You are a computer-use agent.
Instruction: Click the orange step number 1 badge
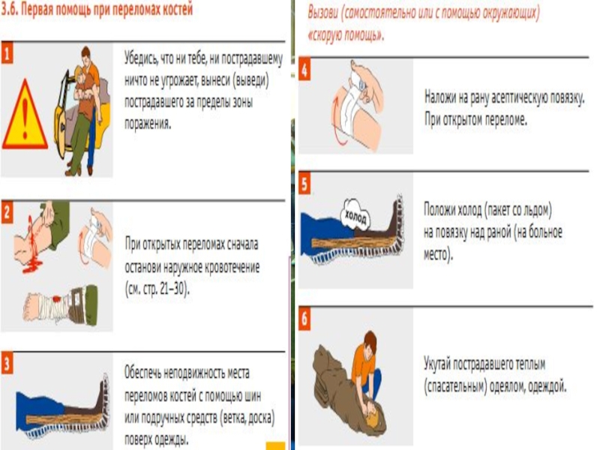tap(7, 52)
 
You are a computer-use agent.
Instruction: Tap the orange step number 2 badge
tap(7, 212)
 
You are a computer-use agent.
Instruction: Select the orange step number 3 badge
tap(7, 363)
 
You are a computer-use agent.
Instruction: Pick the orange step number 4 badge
tap(304, 70)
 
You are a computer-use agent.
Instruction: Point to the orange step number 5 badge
tap(304, 184)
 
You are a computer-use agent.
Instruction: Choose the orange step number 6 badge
tap(304, 318)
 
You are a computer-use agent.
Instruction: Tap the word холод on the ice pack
tap(355, 217)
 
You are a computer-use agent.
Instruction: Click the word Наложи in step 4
tap(440, 97)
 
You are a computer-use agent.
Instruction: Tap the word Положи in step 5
tap(440, 210)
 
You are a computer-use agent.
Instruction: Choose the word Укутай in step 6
tap(437, 364)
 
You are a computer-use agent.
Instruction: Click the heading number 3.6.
tap(9, 10)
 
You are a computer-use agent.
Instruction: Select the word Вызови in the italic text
tap(323, 13)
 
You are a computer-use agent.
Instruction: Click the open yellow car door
tap(62, 115)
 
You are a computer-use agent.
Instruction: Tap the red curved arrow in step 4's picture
tap(337, 121)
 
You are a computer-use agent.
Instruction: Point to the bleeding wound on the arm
tap(33, 245)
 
